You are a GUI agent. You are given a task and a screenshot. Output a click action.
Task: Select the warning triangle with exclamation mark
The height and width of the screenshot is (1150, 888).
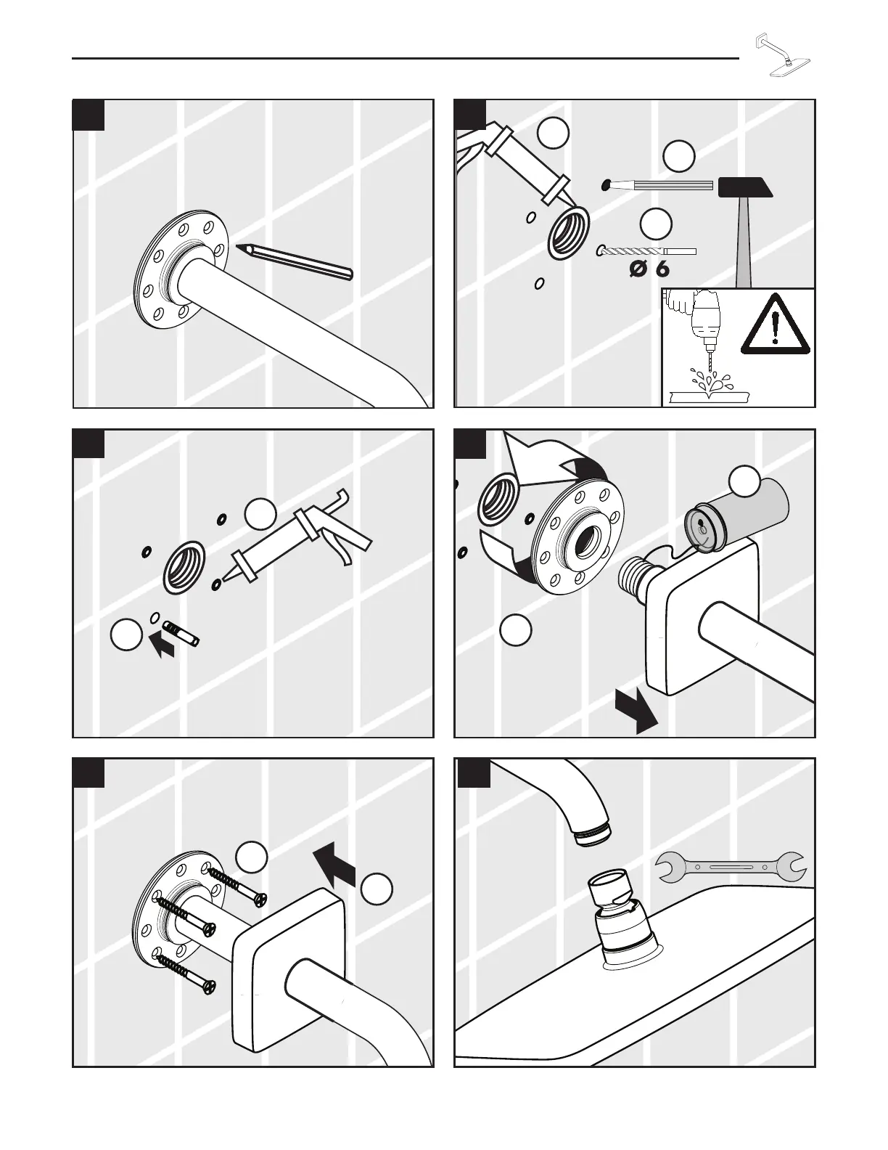[x=775, y=325]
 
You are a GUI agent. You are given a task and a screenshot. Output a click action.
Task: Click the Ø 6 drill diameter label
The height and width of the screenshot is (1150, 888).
[x=649, y=269]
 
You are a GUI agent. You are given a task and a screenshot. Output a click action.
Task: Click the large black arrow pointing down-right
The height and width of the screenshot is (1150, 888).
[x=636, y=711]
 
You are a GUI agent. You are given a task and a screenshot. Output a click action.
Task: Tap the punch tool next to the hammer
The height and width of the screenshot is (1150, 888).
[x=657, y=186]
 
